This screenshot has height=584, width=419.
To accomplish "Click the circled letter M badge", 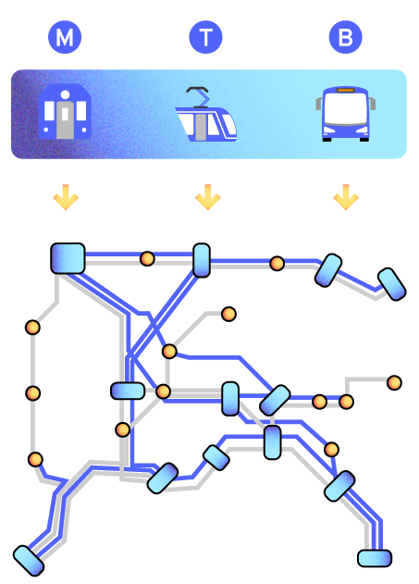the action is pyautogui.click(x=65, y=37).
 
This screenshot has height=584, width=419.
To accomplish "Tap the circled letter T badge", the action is pyautogui.click(x=205, y=37).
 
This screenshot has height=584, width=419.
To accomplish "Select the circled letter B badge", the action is pyautogui.click(x=346, y=37).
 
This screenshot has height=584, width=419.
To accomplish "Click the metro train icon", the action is pyautogui.click(x=65, y=112).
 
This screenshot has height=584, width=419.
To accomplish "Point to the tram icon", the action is pyautogui.click(x=205, y=115).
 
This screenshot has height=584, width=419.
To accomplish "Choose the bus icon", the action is pyautogui.click(x=346, y=114).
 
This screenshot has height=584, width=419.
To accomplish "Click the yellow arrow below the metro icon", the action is pyautogui.click(x=66, y=197).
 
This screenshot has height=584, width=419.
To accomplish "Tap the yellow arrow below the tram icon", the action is pyautogui.click(x=208, y=197).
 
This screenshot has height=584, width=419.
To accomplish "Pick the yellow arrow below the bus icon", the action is pyautogui.click(x=346, y=197).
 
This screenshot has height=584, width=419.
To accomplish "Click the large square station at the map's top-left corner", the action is pyautogui.click(x=68, y=258).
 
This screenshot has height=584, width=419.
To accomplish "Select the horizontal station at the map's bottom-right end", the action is pyautogui.click(x=375, y=558).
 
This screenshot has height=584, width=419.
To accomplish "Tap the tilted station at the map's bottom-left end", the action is pyautogui.click(x=29, y=561).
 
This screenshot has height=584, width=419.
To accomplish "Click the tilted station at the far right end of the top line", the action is pyautogui.click(x=392, y=284).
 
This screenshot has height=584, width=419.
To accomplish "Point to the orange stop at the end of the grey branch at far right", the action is pyautogui.click(x=394, y=383).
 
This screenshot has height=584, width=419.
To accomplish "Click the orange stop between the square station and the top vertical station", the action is pyautogui.click(x=147, y=258).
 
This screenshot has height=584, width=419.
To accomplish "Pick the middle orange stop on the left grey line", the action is pyautogui.click(x=32, y=393).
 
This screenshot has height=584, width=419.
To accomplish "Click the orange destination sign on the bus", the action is pyautogui.click(x=346, y=90).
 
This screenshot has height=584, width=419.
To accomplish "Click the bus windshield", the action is pyautogui.click(x=346, y=108).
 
